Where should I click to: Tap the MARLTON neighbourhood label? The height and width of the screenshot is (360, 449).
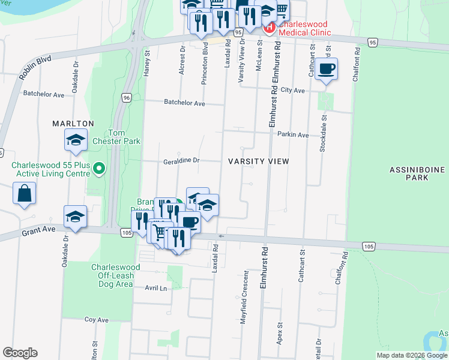73,124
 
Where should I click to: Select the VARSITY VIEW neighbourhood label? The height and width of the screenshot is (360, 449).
259,161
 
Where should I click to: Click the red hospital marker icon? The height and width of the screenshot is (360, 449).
269,27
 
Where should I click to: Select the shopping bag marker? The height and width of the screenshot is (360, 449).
25,194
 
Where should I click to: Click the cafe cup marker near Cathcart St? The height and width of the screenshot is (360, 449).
326,68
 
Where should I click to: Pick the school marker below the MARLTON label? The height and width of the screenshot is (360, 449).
76,141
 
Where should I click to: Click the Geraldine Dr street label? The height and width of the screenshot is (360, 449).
181,161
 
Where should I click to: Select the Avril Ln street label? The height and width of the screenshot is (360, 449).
155,288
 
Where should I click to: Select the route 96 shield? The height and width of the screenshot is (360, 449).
126,98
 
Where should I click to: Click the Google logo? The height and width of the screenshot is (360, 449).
20,353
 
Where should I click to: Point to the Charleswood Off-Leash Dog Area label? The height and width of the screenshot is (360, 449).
115,275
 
